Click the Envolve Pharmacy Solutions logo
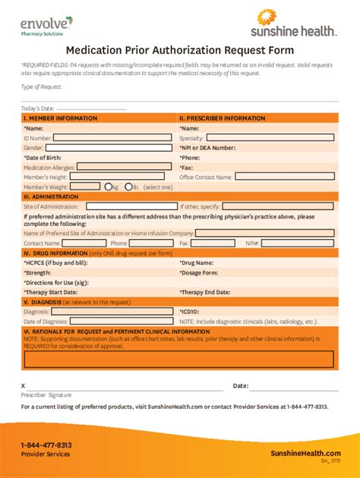click(42, 26)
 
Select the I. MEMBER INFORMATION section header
click(61, 118)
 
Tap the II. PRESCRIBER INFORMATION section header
click(223, 118)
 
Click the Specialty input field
click(270, 138)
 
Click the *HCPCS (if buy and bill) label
click(55, 262)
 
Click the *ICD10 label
click(191, 311)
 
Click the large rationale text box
click(178, 359)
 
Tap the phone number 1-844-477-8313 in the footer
click(46, 445)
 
